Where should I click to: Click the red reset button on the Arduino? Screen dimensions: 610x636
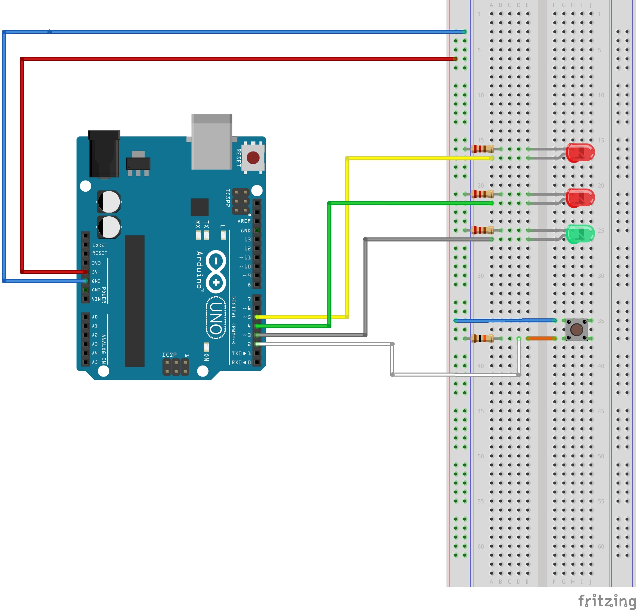(253, 158)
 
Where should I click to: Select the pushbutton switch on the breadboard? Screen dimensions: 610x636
(576, 330)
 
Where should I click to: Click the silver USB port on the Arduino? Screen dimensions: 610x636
(212, 142)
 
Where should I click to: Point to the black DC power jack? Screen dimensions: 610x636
(104, 154)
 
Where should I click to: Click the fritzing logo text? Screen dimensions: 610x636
(607, 601)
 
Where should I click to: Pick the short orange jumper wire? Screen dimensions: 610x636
(541, 339)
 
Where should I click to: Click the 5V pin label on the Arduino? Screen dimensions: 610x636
(95, 272)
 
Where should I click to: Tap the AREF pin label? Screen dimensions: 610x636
(244, 221)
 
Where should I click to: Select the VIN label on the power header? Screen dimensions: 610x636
(96, 299)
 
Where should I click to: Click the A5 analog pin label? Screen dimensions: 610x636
(95, 362)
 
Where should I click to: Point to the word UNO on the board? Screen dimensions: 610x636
(216, 318)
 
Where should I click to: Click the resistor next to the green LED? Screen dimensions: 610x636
(482, 230)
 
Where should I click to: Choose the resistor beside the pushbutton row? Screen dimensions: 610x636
(482, 338)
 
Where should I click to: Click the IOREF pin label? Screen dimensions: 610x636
(100, 245)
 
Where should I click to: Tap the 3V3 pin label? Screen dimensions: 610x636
(96, 263)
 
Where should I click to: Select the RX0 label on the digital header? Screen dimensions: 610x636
(237, 363)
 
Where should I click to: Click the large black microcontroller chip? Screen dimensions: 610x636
(134, 301)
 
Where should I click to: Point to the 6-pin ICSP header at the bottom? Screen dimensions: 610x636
(176, 367)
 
